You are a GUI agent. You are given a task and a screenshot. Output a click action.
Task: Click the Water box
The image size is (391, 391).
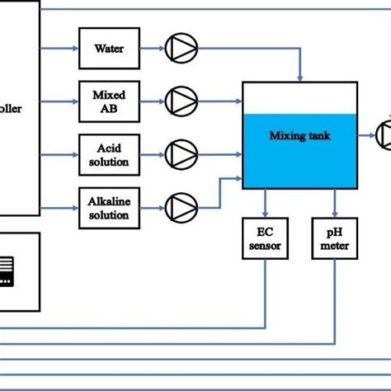click(109, 49)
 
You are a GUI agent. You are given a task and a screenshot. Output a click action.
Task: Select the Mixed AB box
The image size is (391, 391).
click(109, 101)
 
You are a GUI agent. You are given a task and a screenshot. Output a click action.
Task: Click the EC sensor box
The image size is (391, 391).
click(264, 239)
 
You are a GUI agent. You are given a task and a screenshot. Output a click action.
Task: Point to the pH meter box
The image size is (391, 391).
click(334, 239)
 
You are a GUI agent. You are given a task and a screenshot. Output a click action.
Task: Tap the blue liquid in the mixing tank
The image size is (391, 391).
click(299, 161)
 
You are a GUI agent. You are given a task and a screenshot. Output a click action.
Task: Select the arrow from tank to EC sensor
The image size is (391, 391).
click(264, 203)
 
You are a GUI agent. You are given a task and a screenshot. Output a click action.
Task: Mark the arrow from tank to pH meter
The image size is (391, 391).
click(334, 203)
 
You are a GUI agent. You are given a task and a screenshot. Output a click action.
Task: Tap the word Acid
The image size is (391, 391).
click(109, 146)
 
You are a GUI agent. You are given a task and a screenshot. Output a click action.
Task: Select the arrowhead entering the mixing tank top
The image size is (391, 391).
click(299, 76)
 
